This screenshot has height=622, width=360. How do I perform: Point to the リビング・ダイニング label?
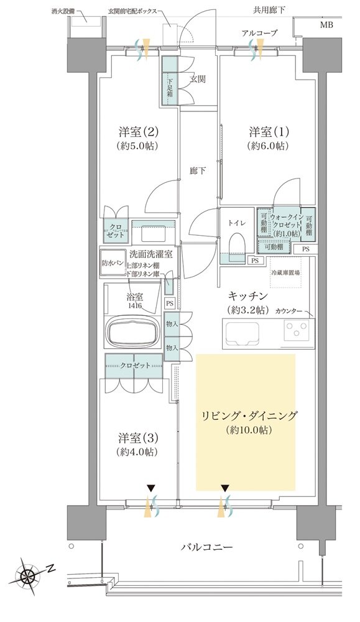click(x=246, y=415)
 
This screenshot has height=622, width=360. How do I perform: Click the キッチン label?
click(x=247, y=297)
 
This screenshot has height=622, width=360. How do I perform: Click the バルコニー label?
click(x=206, y=547)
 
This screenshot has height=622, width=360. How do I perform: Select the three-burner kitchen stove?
click(x=297, y=330)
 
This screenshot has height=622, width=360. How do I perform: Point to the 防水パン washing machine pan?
click(x=113, y=264)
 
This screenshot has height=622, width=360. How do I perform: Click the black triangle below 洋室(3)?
click(x=150, y=488)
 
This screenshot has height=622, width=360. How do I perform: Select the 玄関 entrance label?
click(x=198, y=79)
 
